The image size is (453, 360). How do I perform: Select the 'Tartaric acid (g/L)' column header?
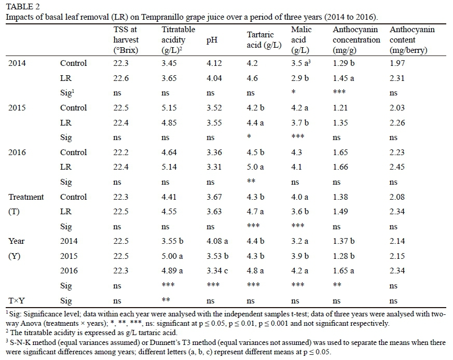pyautogui.click(x=264, y=40)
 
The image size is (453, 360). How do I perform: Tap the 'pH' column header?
pyautogui.click(x=212, y=40)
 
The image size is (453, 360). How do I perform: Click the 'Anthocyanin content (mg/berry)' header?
pyautogui.click(x=412, y=40)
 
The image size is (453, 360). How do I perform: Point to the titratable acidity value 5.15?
pyautogui.click(x=170, y=108)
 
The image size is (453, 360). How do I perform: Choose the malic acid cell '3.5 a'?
pyautogui.click(x=301, y=63)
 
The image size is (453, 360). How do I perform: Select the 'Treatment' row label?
pyautogui.click(x=26, y=197)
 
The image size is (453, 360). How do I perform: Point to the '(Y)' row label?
pyautogui.click(x=15, y=256)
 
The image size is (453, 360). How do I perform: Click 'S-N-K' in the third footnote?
pyautogui.click(x=18, y=342)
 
